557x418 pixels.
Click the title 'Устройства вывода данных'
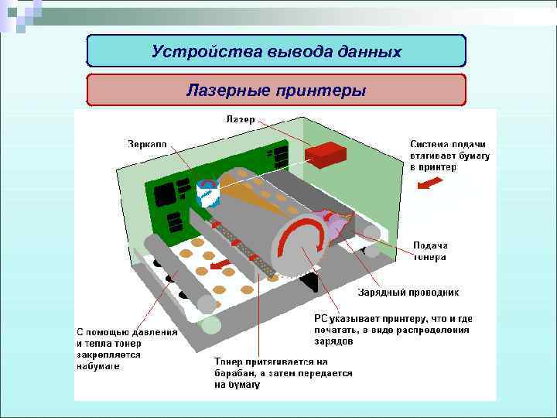tap(276, 52)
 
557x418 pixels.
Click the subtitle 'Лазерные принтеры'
tap(276, 91)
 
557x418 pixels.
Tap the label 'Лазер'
tap(241, 120)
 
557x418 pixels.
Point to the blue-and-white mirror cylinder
tap(207, 192)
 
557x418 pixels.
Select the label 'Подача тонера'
tap(429, 252)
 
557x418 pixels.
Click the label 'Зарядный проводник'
tap(408, 293)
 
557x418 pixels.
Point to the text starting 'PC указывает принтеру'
tap(392, 330)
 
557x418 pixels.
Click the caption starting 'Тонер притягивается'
tap(282, 373)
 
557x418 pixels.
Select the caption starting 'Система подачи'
tap(449, 156)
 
